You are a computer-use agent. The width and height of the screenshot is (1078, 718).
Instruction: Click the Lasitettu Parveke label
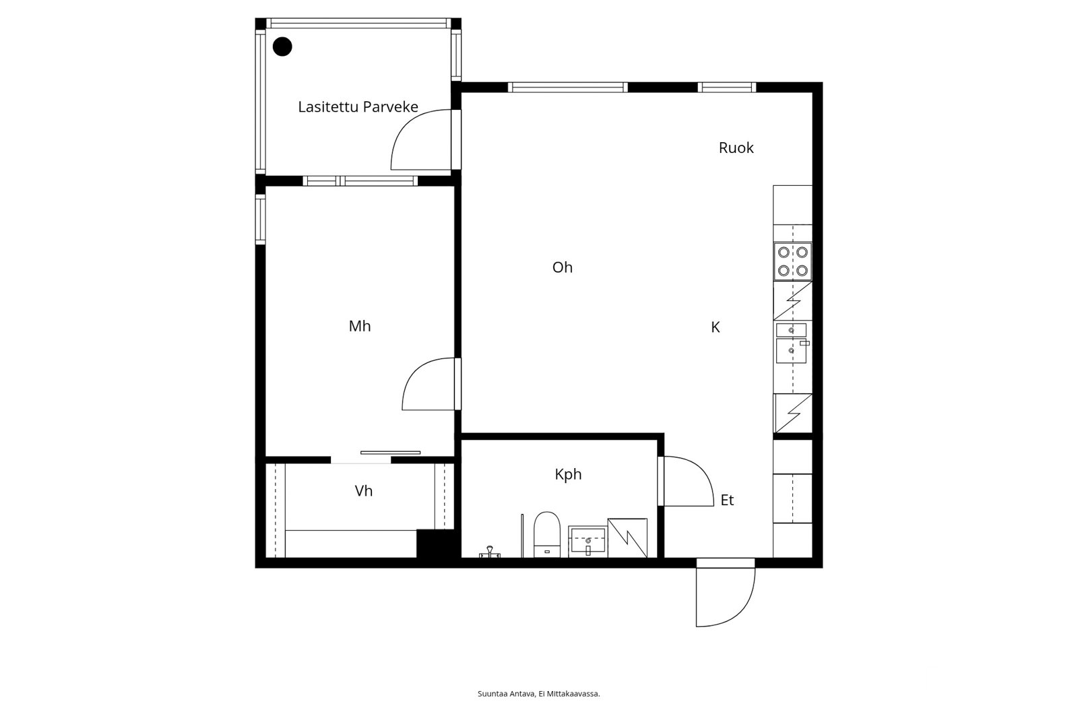[x=358, y=106]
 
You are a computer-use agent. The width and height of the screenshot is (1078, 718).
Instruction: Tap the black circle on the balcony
[x=282, y=46]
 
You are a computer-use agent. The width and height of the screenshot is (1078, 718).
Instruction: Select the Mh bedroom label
[x=360, y=326]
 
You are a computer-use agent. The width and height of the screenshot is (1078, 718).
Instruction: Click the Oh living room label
[x=562, y=267]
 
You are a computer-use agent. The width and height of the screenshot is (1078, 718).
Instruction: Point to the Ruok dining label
[x=736, y=148]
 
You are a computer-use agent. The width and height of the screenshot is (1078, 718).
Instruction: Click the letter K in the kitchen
[x=716, y=327]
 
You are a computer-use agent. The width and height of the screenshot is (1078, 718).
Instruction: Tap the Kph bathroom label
[x=568, y=474]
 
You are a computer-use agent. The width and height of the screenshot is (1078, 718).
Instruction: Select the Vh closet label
[x=363, y=491]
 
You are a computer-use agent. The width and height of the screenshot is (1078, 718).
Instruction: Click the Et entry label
[x=727, y=500]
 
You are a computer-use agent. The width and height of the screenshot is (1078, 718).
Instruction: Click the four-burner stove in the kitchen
[x=792, y=261]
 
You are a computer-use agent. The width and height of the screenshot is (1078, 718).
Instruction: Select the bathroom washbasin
[x=588, y=541]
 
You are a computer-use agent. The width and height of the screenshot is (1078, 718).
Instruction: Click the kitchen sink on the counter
[x=792, y=343]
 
